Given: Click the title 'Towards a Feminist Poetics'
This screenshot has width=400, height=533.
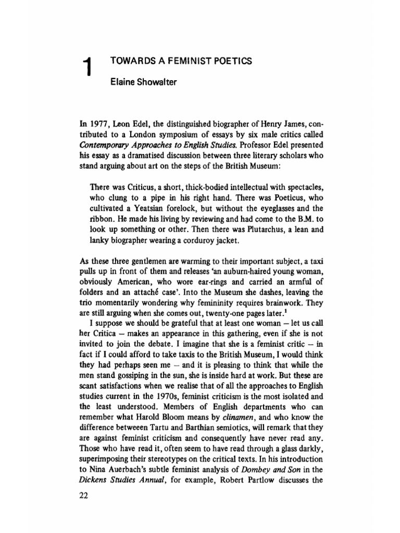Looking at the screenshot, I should tap(181, 61).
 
